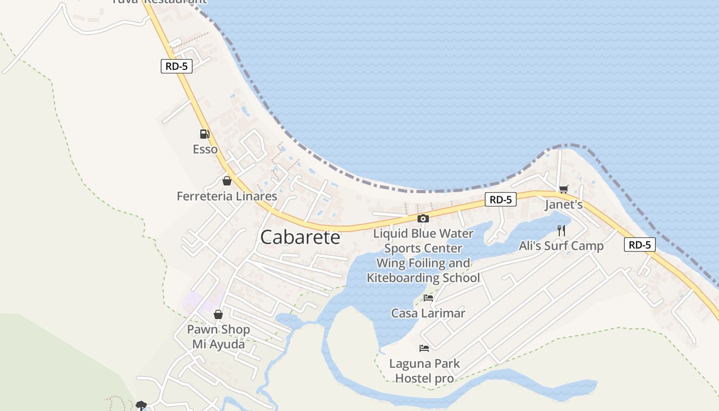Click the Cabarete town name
pyautogui.click(x=300, y=237)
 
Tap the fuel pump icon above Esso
pyautogui.click(x=205, y=134)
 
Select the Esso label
pyautogui.click(x=205, y=150)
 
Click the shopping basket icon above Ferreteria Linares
pyautogui.click(x=226, y=181)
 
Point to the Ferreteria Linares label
pyautogui.click(x=227, y=196)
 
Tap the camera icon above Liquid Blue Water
pyautogui.click(x=423, y=218)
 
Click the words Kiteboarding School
pyautogui.click(x=423, y=278)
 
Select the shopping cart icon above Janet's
pyautogui.click(x=563, y=189)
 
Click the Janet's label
pyautogui.click(x=563, y=204)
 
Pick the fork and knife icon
pyautogui.click(x=561, y=230)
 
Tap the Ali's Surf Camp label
pyautogui.click(x=561, y=246)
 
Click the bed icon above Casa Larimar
pyautogui.click(x=428, y=297)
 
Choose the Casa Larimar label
pyautogui.click(x=428, y=313)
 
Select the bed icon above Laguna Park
pyautogui.click(x=424, y=348)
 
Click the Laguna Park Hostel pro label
pyautogui.click(x=424, y=371)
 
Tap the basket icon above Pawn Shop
pyautogui.click(x=218, y=314)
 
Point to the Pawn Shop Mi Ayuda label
pyautogui.click(x=218, y=337)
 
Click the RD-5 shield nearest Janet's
pyautogui.click(x=500, y=199)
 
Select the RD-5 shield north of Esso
pyautogui.click(x=177, y=66)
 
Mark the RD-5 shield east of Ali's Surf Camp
pyautogui.click(x=640, y=245)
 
